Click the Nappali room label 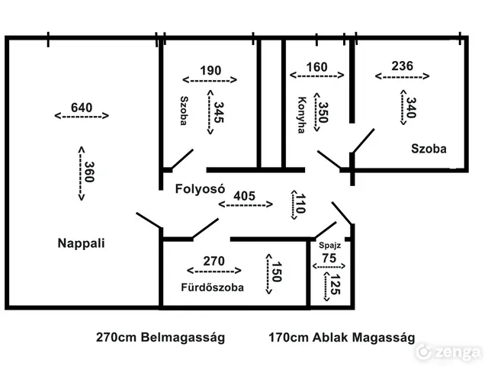coord(82,243)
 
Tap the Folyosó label coord(200,188)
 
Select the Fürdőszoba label coord(212,287)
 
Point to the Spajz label coord(329,246)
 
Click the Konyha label coord(302,115)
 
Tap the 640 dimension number coord(82,108)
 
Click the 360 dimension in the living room coord(89,172)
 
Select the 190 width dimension coord(210,70)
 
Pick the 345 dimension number coord(219,112)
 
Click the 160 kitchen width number coord(317,67)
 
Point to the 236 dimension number coord(403,66)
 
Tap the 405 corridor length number coord(244,196)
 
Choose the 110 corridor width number coord(300,204)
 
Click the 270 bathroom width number coord(213,261)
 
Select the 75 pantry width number coord(329,258)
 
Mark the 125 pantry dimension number coord(335,284)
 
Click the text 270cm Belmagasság coord(160,338)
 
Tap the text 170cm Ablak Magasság coord(342,338)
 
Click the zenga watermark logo coord(448,352)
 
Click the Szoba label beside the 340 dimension coord(429,149)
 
